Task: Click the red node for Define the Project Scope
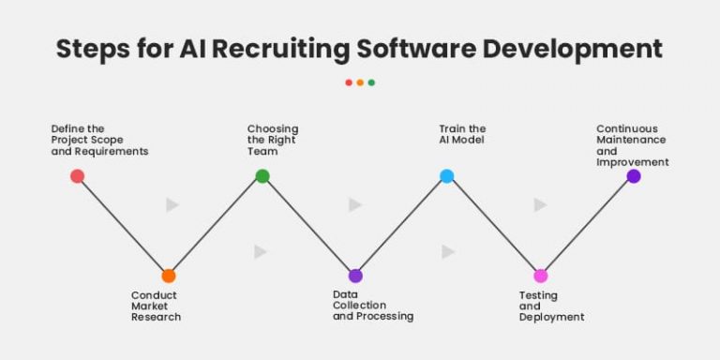[x=77, y=176]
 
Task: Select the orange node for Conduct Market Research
[x=168, y=276]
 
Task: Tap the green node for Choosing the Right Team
[x=262, y=176]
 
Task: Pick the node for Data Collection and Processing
[x=355, y=276]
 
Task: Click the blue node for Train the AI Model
[x=447, y=176]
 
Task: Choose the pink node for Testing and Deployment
[x=540, y=276]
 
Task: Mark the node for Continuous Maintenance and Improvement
[x=633, y=176]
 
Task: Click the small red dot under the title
[x=349, y=82]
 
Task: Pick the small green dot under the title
[x=371, y=82]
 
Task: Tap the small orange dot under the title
[x=360, y=82]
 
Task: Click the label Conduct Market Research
[x=156, y=306]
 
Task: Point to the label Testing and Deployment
[x=551, y=306]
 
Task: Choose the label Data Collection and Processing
[x=372, y=306]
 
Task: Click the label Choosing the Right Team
[x=272, y=140]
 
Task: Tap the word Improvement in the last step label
[x=632, y=162]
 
